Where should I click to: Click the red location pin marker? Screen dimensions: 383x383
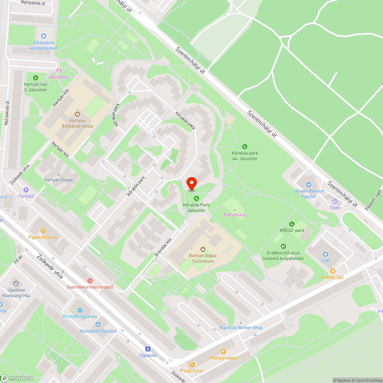tap(191, 183)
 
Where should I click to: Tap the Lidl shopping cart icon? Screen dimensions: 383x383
tap(326, 254)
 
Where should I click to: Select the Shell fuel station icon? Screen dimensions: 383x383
tap(335, 201)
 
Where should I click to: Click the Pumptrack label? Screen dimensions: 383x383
tap(235, 215)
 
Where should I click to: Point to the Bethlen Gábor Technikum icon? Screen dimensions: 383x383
tap(203, 249)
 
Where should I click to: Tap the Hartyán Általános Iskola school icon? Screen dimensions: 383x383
tap(77, 114)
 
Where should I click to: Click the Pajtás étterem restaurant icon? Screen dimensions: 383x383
tap(43, 231)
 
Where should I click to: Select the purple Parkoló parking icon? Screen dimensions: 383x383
tap(26, 190)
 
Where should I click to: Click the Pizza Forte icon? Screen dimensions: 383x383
tap(192, 364)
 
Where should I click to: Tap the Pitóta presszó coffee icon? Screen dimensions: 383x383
tap(223, 351)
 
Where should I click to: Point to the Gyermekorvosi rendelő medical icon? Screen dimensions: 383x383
tap(90, 281)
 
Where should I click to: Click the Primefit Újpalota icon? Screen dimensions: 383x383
tap(80, 310)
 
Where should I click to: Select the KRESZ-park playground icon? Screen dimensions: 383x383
tap(292, 224)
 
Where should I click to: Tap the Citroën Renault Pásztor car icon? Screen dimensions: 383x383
tap(309, 184)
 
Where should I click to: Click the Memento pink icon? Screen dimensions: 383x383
tap(59, 71)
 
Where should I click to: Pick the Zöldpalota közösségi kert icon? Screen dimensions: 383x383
tap(44, 36)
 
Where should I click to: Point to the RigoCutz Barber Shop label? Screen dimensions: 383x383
tap(241, 327)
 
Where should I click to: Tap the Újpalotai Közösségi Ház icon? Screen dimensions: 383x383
tap(16, 283)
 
